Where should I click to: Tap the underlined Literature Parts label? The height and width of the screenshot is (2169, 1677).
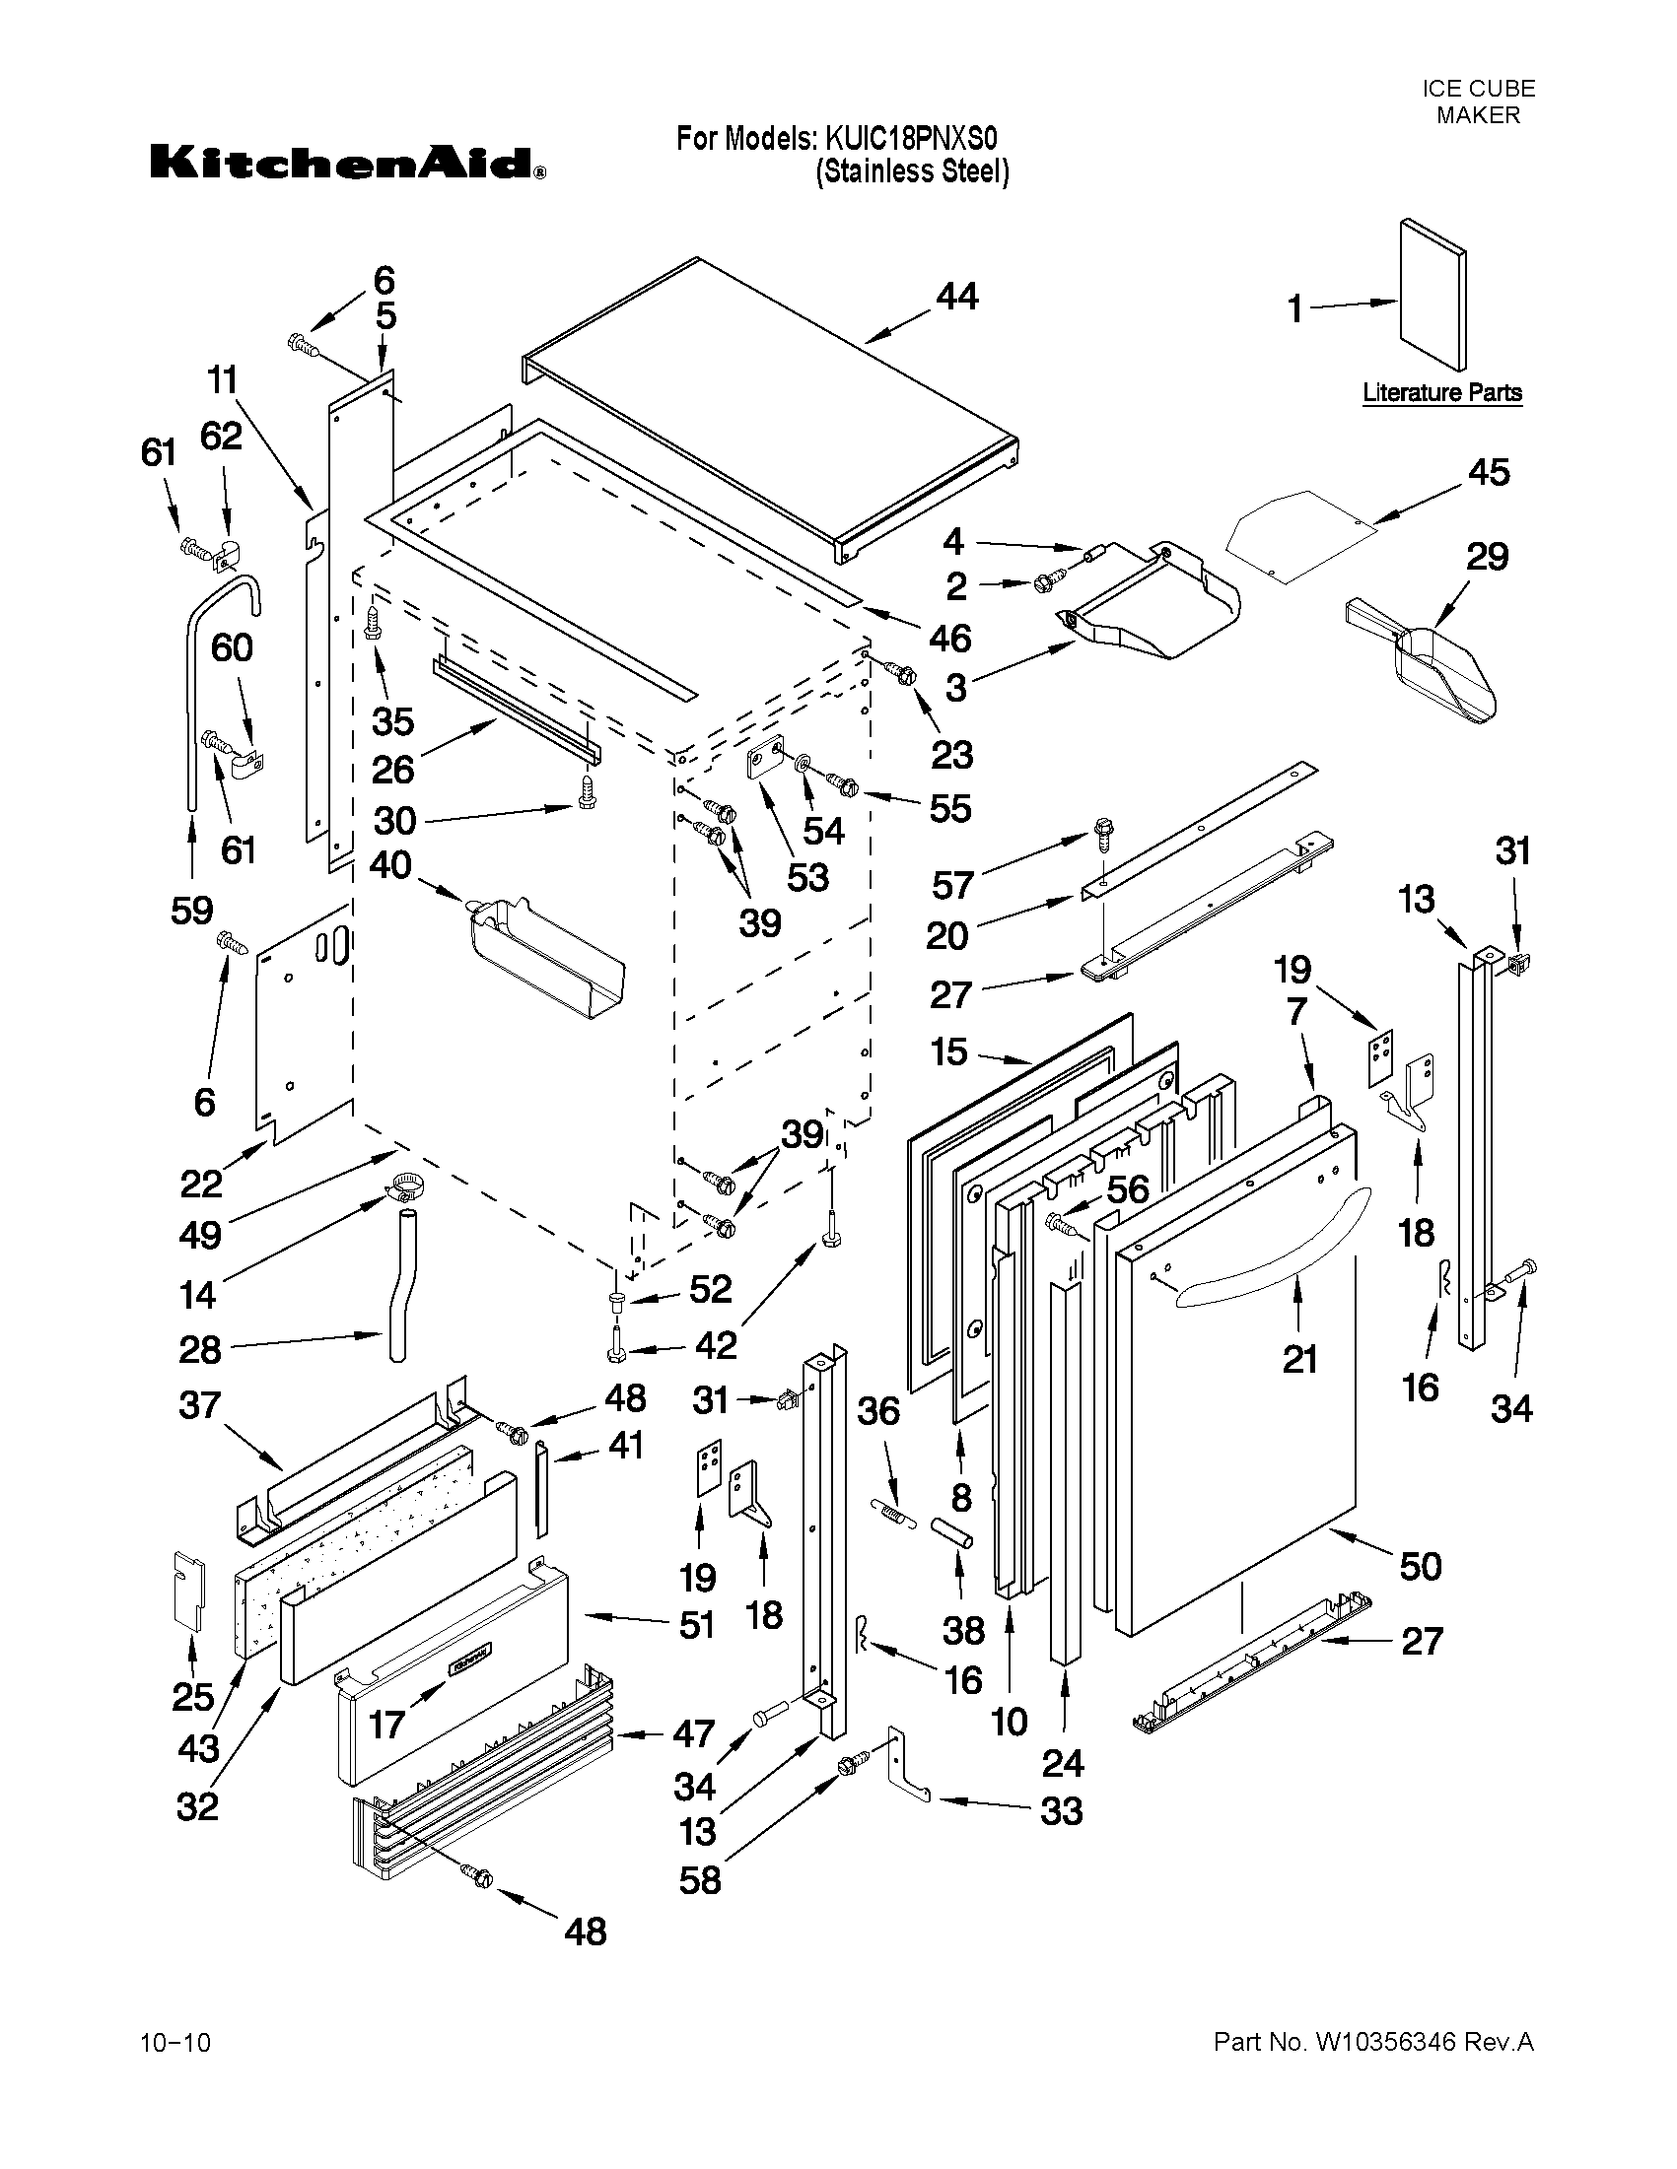pos(1441,392)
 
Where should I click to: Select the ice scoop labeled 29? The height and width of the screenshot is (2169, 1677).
pos(1431,660)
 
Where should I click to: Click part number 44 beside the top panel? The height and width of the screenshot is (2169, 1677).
pos(956,296)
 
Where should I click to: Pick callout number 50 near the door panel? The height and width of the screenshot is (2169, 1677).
pos(1420,1566)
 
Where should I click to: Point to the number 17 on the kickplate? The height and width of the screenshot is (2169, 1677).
pos(385,1724)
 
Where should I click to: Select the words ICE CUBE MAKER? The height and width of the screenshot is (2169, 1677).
pos(1477,102)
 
